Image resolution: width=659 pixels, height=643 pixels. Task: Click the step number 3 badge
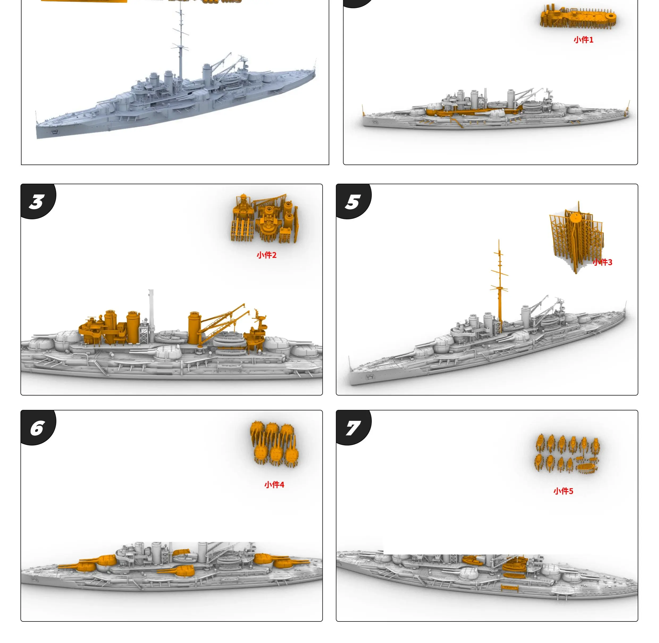pos(37,201)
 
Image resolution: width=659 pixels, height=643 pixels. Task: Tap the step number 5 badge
pos(352,201)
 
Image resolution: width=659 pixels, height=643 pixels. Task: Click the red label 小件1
pos(583,40)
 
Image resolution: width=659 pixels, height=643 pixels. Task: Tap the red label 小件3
pos(603,262)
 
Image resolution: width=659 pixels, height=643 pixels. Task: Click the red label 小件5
pos(563,491)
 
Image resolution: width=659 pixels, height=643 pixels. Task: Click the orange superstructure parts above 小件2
pos(265,219)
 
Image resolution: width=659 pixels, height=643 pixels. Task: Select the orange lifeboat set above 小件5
pos(567,453)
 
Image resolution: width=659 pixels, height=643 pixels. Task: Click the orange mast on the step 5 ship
pos(499,287)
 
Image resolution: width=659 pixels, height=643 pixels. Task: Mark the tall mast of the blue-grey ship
pos(181,40)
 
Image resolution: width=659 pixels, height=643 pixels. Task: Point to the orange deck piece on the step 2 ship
pos(473,111)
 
